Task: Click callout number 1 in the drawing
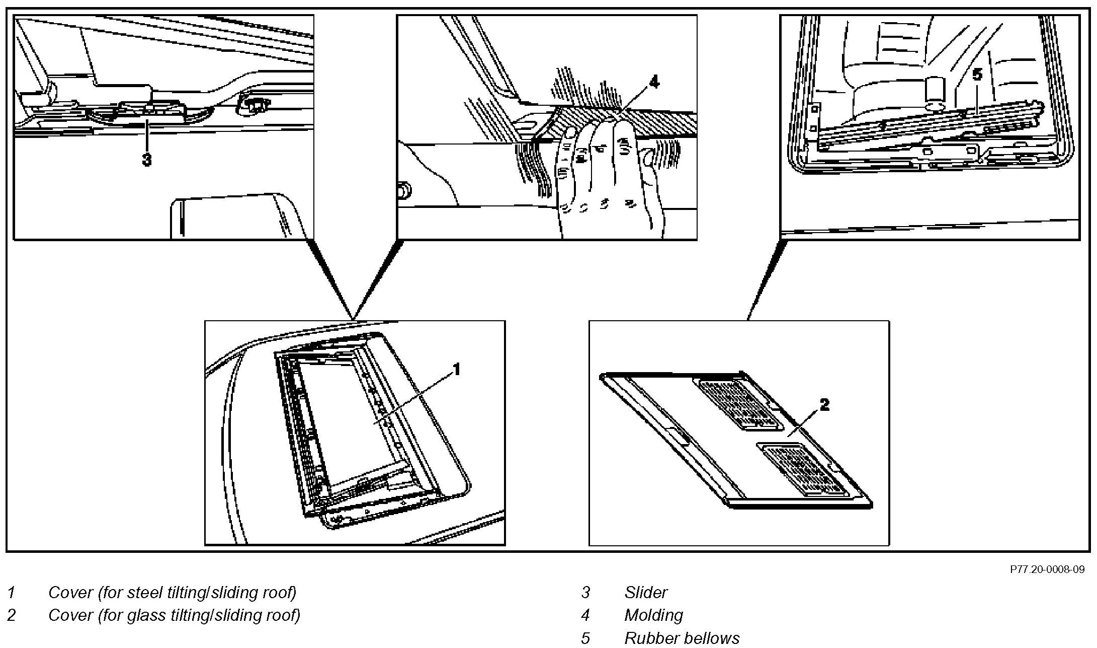click(456, 370)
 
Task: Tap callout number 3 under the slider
click(146, 160)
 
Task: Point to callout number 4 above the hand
click(653, 82)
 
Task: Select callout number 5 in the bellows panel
click(976, 75)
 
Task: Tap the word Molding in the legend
click(653, 615)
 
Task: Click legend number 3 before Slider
click(585, 593)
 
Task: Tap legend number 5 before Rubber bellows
click(585, 638)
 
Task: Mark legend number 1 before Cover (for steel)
click(11, 593)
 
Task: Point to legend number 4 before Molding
click(585, 615)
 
